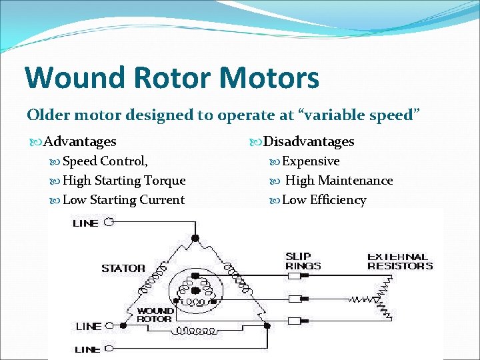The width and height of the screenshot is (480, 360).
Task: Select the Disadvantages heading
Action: [x=309, y=141]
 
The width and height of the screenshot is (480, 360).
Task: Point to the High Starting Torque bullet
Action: [x=124, y=181]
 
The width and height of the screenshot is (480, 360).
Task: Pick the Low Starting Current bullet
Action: [x=123, y=200]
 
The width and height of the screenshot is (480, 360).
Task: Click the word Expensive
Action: [x=311, y=161]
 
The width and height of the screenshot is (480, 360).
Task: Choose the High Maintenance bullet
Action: [x=339, y=181]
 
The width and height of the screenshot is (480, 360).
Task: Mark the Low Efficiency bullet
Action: [x=324, y=200]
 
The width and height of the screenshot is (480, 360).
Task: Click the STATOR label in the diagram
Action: [x=123, y=268]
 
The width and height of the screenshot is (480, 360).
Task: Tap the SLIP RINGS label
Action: [x=303, y=261]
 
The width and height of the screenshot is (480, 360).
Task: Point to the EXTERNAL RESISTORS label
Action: [x=399, y=261]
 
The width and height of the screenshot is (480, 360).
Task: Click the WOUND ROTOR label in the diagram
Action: [x=155, y=315]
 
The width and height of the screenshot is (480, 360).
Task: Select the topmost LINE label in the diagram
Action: [x=85, y=223]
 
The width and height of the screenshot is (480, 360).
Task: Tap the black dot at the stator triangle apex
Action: [x=195, y=237]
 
